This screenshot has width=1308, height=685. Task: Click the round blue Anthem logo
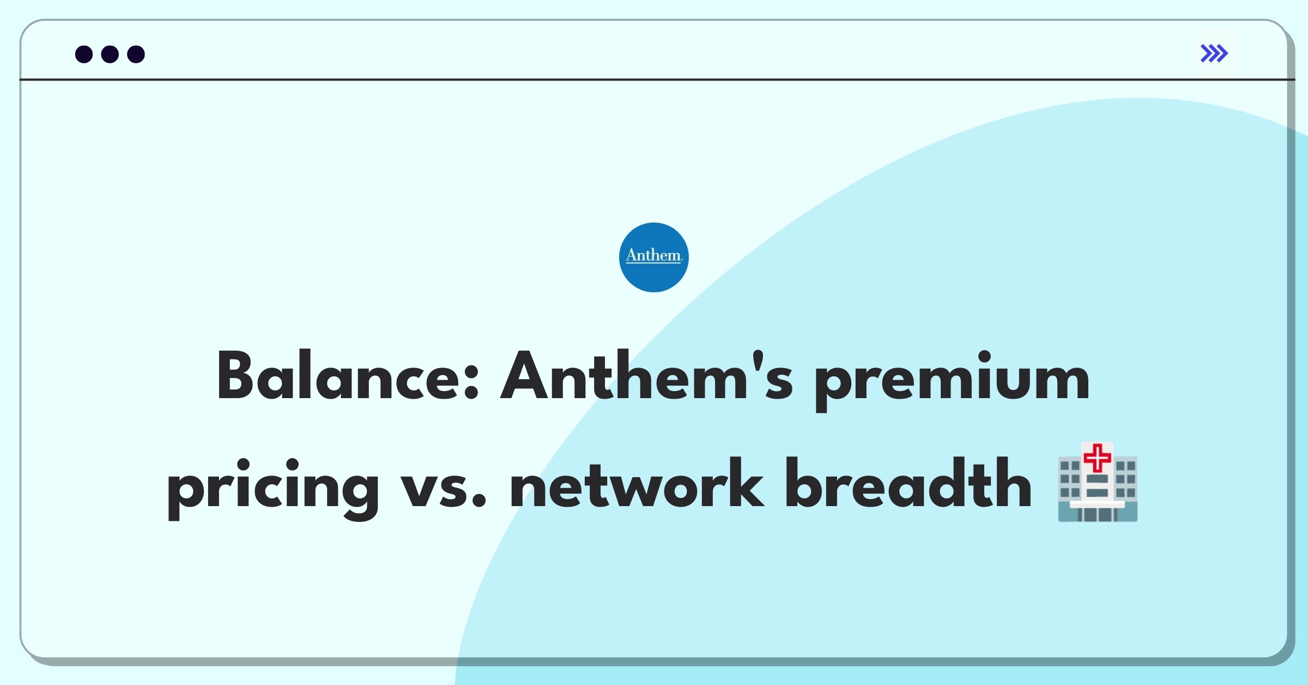pyautogui.click(x=653, y=257)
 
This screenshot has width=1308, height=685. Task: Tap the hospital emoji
pyautogui.click(x=1098, y=483)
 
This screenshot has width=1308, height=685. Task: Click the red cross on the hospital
pyautogui.click(x=1097, y=457)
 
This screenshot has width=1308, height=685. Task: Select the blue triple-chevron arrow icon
pyautogui.click(x=1214, y=53)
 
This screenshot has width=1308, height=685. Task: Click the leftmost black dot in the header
pyautogui.click(x=84, y=55)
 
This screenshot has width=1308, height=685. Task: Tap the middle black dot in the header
pyautogui.click(x=110, y=55)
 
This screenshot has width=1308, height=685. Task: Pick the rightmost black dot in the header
pyautogui.click(x=136, y=55)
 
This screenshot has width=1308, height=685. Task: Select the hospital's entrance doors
pyautogui.click(x=1097, y=514)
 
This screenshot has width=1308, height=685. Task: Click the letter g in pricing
pyautogui.click(x=357, y=491)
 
